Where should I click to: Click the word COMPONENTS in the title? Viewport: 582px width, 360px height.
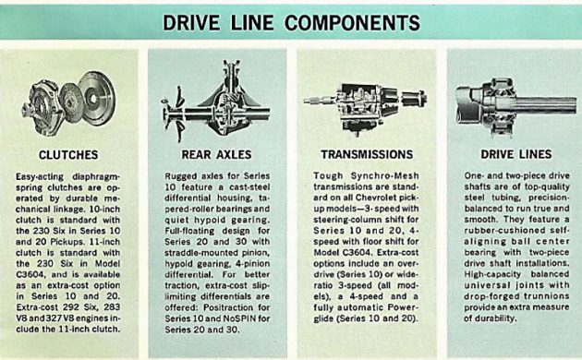tap(352, 23)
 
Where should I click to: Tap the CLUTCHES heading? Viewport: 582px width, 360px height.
tap(68, 154)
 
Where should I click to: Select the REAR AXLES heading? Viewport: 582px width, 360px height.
tap(216, 154)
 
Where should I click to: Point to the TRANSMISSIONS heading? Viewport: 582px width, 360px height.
tap(367, 154)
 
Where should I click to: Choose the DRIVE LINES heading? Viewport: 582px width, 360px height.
tap(515, 154)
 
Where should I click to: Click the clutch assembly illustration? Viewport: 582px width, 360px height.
tap(68, 103)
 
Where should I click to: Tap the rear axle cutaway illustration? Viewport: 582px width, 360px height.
tap(215, 101)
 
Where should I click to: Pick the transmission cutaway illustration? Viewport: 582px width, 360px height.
tap(366, 106)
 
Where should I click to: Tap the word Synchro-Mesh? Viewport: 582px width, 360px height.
tap(384, 175)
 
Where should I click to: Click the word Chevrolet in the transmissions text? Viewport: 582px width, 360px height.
tap(376, 198)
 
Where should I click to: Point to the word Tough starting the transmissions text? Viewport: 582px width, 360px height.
tap(325, 175)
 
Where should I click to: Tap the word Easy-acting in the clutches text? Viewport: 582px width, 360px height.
tap(40, 177)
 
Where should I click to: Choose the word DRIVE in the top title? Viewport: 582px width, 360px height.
tap(191, 23)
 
